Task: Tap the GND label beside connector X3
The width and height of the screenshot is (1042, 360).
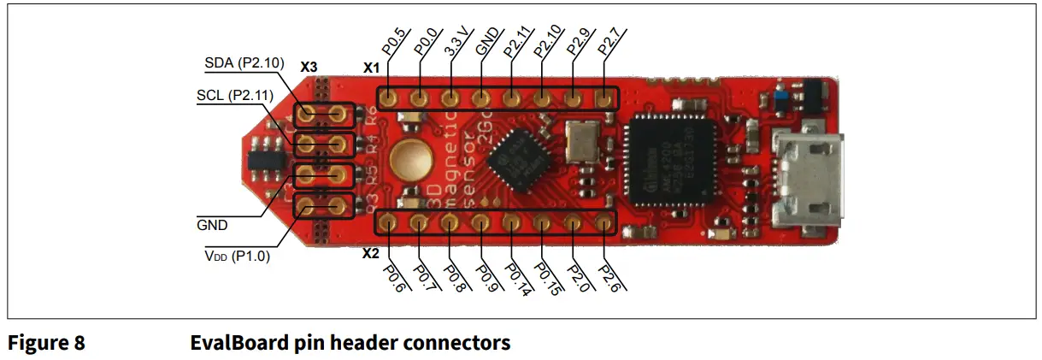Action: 212,226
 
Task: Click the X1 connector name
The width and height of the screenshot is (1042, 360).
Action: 370,66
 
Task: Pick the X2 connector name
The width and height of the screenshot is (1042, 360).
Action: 370,254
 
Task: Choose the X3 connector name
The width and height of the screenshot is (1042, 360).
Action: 309,66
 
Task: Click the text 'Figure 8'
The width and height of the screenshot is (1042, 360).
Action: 46,344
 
